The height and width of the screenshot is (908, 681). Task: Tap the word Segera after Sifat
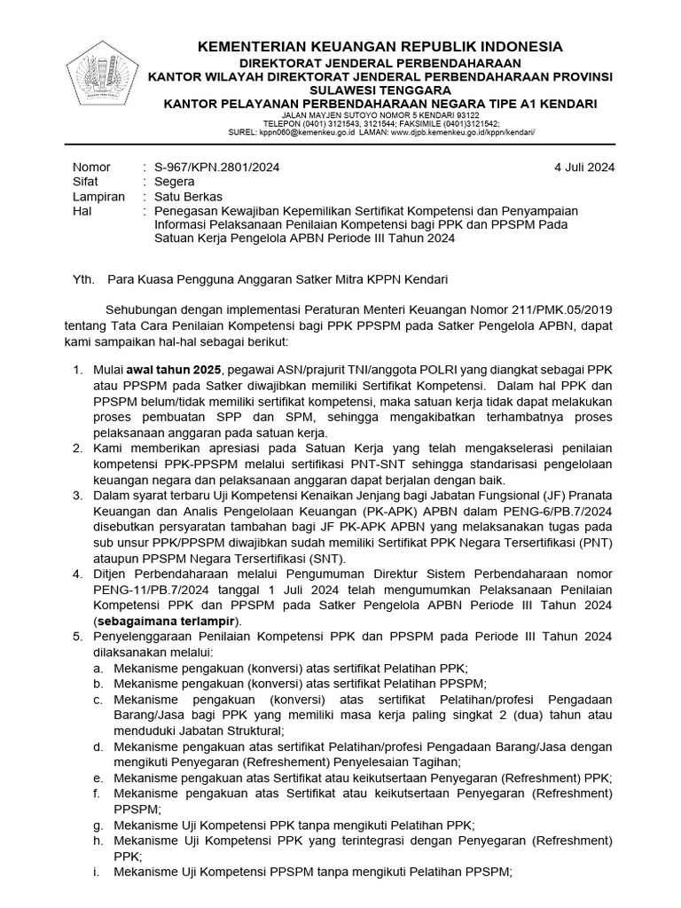tap(175, 182)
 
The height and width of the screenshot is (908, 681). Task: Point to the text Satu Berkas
tap(188, 196)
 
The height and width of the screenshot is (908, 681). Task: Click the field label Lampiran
tap(98, 196)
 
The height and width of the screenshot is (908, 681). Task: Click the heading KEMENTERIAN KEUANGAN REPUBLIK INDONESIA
tap(367, 46)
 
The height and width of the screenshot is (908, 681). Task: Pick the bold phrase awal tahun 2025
tap(176, 369)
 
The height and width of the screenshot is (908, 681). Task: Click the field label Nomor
tap(91, 167)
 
